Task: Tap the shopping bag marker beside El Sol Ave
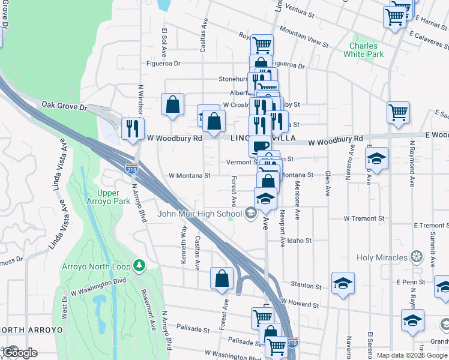172,105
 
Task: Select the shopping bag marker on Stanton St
221,278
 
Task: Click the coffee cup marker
260,146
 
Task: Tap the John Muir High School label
200,214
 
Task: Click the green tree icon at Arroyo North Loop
139,265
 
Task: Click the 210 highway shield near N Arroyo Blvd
132,169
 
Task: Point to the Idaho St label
299,241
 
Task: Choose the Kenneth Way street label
184,238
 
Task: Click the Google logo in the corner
19,353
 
